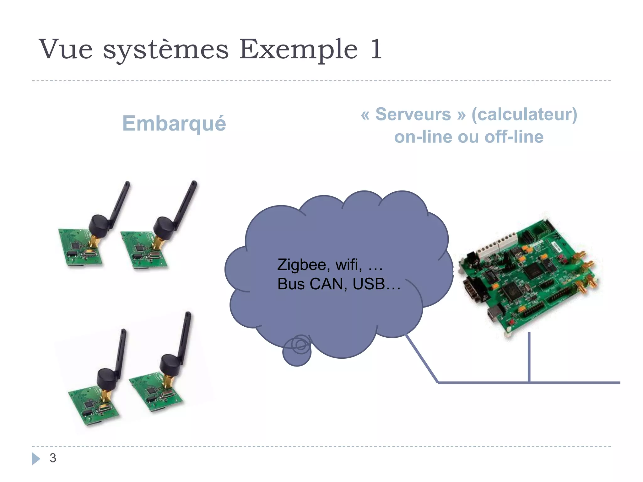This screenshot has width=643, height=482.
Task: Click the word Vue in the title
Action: [66, 49]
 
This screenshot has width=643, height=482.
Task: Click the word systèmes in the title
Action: [166, 50]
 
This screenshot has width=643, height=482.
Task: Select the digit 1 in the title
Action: [376, 49]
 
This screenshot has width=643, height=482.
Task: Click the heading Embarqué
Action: [174, 123]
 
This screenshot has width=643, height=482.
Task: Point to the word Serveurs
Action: [413, 114]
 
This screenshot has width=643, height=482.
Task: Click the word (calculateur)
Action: [524, 115]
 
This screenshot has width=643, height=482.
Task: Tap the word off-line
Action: [514, 137]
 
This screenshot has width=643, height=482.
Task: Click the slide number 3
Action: [53, 458]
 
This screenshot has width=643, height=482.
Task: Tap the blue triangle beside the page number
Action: [36, 458]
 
